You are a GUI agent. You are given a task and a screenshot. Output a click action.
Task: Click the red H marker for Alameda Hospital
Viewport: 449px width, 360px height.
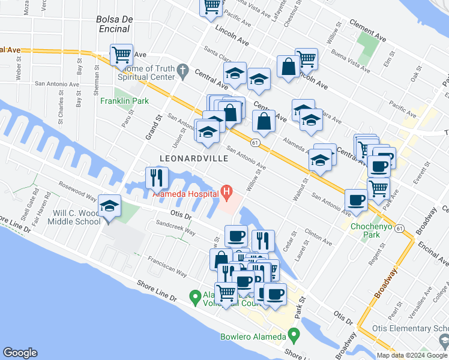pyautogui.click(x=226, y=192)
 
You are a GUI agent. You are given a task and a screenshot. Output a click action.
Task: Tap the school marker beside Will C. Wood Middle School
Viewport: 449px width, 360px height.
pyautogui.click(x=110, y=206)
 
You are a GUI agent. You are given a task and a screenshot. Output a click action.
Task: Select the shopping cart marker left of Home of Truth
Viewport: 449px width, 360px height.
pyautogui.click(x=121, y=55)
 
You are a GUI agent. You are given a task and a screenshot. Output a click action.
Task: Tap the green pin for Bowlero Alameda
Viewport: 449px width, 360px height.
pyautogui.click(x=294, y=334)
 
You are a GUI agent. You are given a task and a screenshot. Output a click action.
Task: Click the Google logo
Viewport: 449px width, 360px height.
pyautogui.click(x=20, y=353)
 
